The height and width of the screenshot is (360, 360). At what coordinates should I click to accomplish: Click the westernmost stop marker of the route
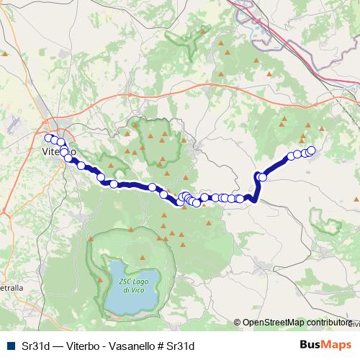click(49, 138)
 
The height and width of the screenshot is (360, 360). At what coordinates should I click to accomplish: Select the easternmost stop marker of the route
click(311, 150)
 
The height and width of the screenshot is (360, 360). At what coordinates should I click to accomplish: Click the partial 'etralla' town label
click(11, 287)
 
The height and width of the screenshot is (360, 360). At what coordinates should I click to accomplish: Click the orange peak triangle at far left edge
click(5, 54)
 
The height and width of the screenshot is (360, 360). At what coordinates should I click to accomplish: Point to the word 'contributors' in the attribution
click(328, 323)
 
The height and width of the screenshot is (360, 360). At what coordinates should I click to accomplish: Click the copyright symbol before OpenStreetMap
click(238, 323)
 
